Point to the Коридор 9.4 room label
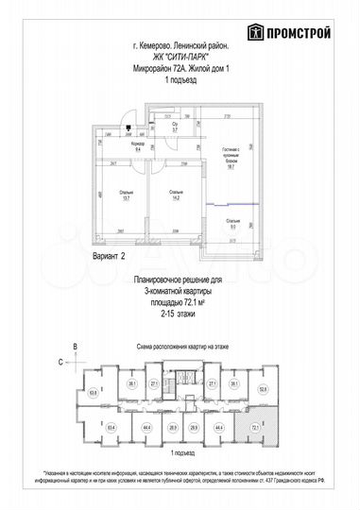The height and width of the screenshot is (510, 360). (x=138, y=147)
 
